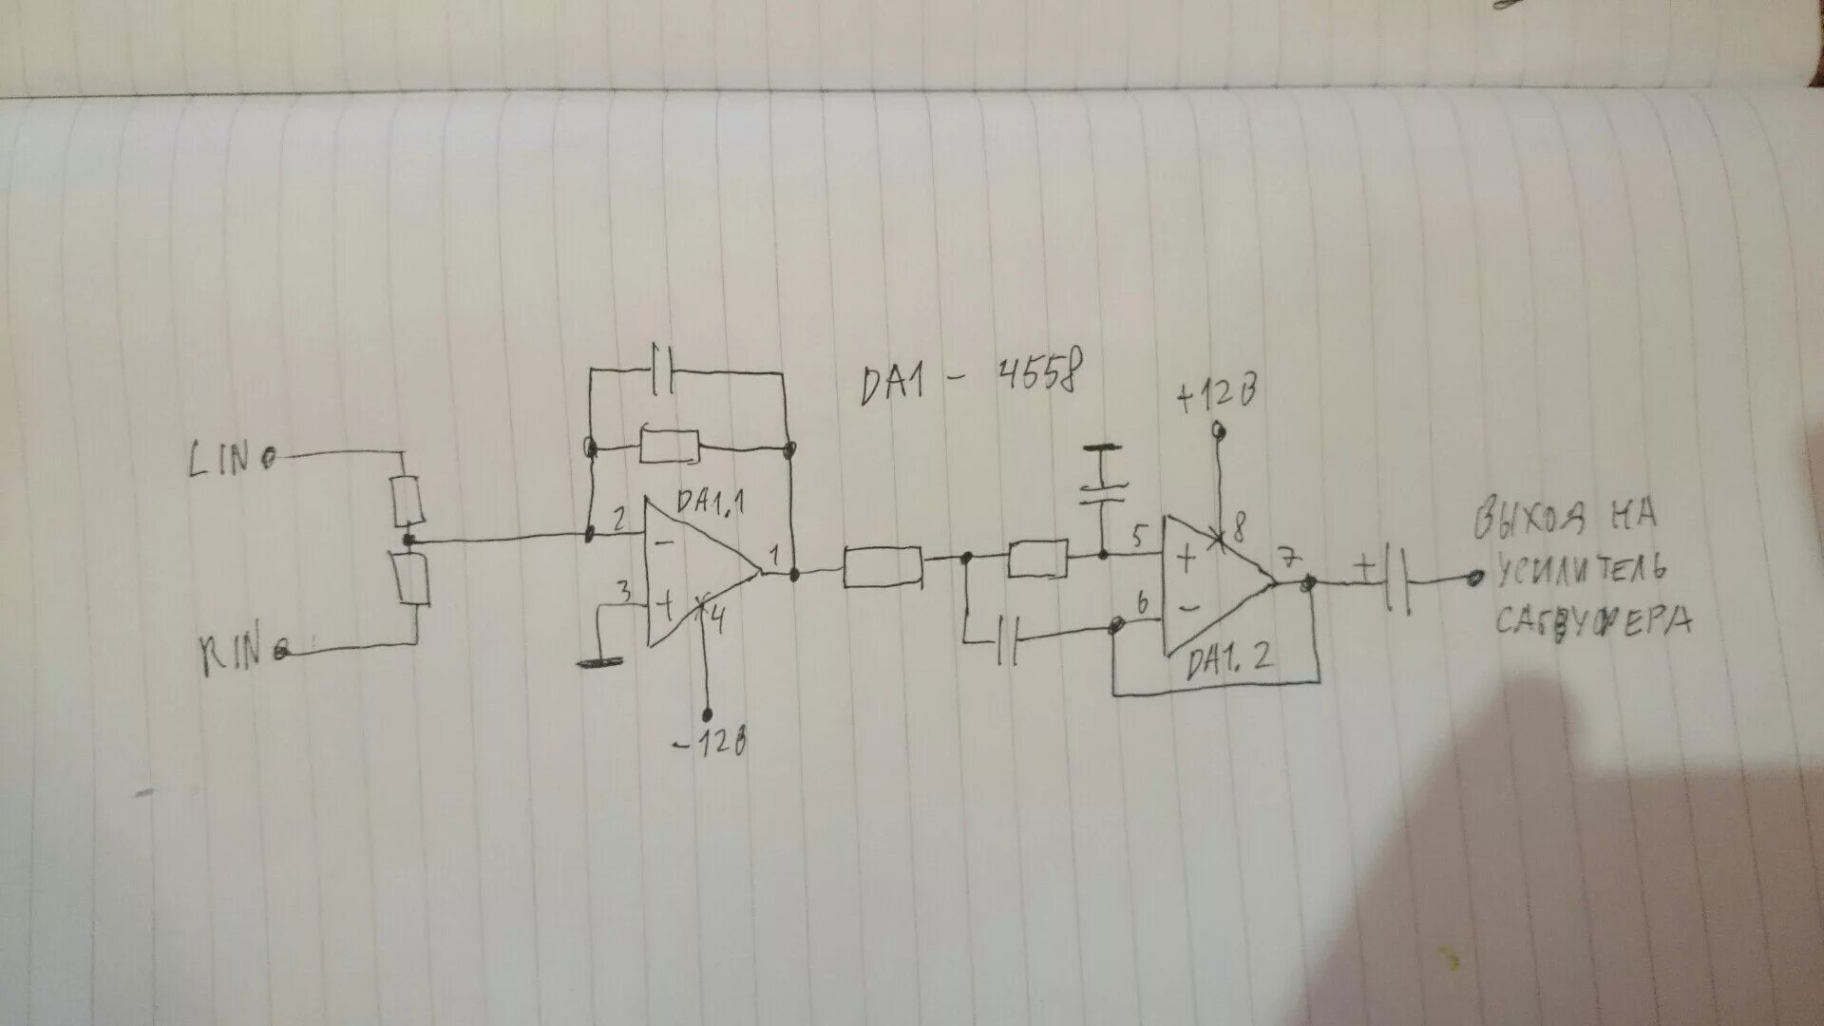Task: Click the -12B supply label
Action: click(709, 744)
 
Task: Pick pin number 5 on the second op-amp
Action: click(1140, 535)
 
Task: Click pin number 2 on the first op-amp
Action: click(618, 519)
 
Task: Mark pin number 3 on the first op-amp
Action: click(624, 591)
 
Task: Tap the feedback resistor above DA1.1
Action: click(670, 446)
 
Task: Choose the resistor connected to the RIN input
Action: click(414, 579)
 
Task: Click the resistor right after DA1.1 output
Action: click(883, 568)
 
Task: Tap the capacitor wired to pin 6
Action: click(1009, 641)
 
